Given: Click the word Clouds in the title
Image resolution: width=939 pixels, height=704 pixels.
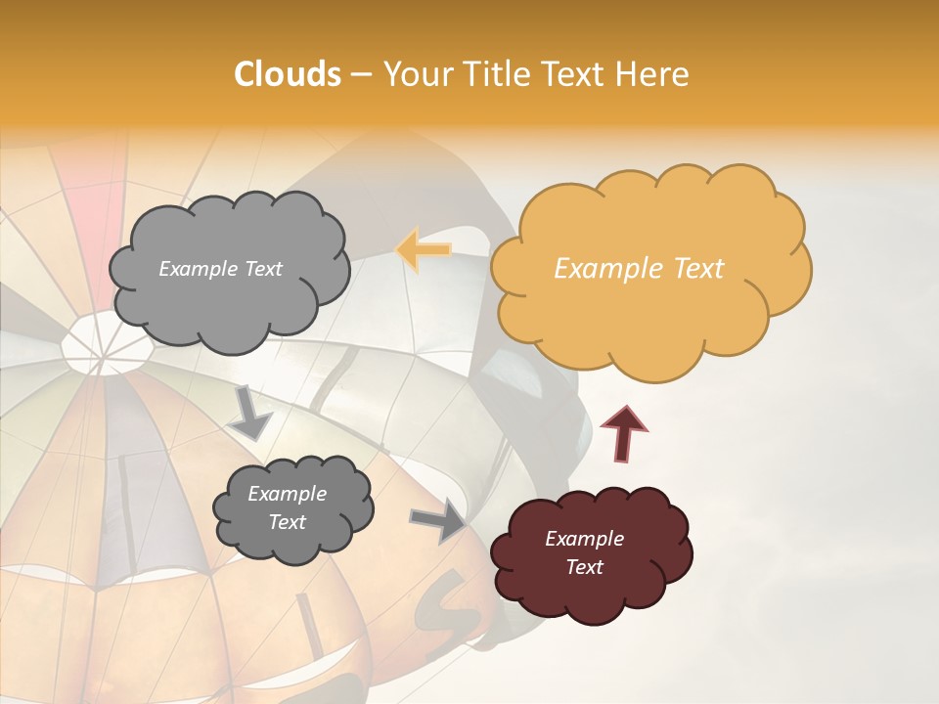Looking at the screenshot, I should pos(288,74).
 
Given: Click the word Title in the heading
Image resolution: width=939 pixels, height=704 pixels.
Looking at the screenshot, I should pos(502,74).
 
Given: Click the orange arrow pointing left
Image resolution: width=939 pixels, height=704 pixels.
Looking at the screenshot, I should pos(424,249).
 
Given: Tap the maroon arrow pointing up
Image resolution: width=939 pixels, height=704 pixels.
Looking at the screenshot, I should pos(623,431).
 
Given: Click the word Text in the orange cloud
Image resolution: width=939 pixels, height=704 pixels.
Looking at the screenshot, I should pos(698,269).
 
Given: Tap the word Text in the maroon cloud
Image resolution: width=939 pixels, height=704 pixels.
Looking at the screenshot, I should pos(584,567).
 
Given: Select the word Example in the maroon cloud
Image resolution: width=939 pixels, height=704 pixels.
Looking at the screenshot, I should pos(584,539).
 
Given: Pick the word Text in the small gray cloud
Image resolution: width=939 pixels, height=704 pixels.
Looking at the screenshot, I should pos(288,522).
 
